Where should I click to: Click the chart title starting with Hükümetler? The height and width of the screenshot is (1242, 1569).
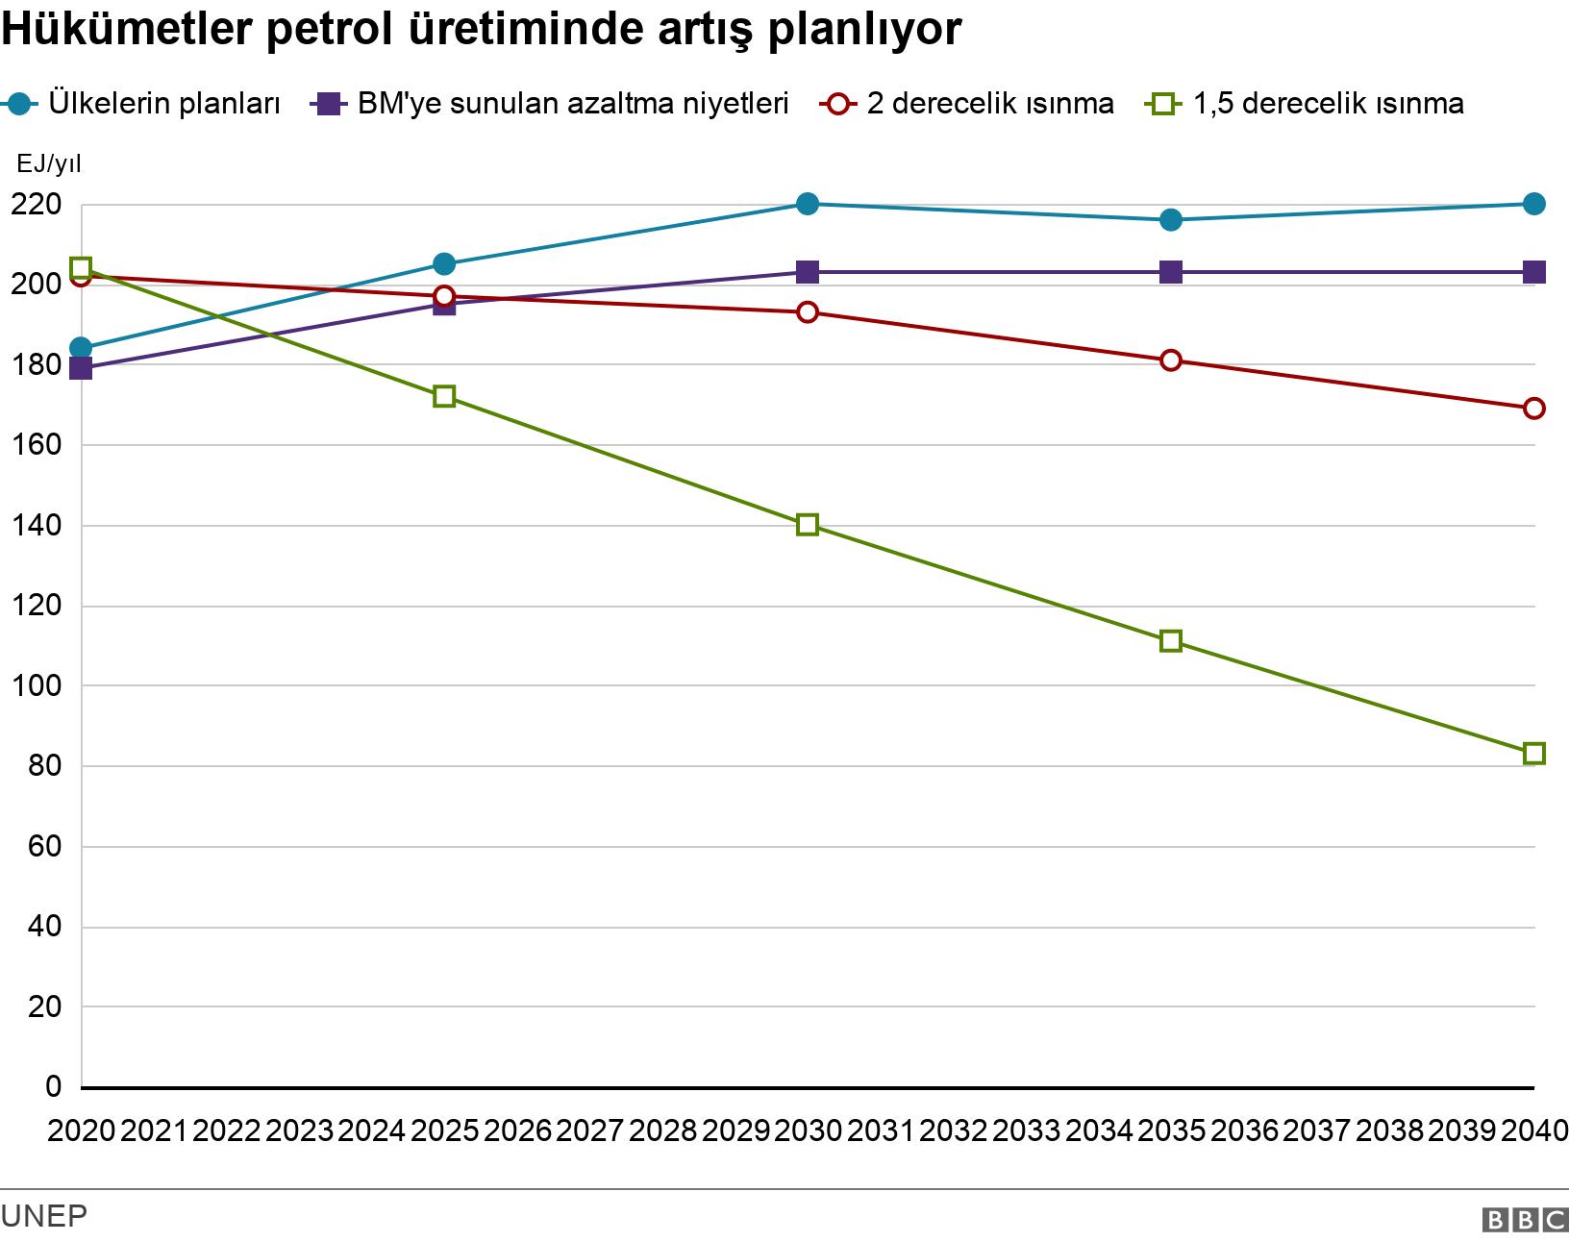coord(481,31)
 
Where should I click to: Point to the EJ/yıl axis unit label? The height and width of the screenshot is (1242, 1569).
coord(49,164)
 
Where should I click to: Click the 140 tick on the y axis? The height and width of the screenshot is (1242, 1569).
coord(37,526)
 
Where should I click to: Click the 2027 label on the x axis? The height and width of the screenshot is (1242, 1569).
coord(589,1130)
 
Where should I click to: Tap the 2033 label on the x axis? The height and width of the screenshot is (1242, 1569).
coord(1026,1130)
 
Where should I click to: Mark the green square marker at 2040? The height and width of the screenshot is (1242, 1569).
coord(1534,754)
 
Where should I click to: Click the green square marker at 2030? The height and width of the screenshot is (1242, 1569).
coord(808,525)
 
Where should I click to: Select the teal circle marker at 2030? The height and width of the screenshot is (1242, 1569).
coord(808,204)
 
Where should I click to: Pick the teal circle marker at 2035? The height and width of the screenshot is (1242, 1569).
coord(1171,220)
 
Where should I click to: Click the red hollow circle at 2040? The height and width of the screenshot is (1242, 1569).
coord(1534,409)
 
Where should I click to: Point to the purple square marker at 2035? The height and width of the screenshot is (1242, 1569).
coord(1171,272)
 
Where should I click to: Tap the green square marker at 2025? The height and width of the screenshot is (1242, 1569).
coord(444,396)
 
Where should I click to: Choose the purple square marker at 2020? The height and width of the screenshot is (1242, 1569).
coord(81,368)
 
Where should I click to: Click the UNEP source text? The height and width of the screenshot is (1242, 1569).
coord(44,1216)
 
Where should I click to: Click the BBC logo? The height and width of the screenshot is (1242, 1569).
coord(1525,1220)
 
